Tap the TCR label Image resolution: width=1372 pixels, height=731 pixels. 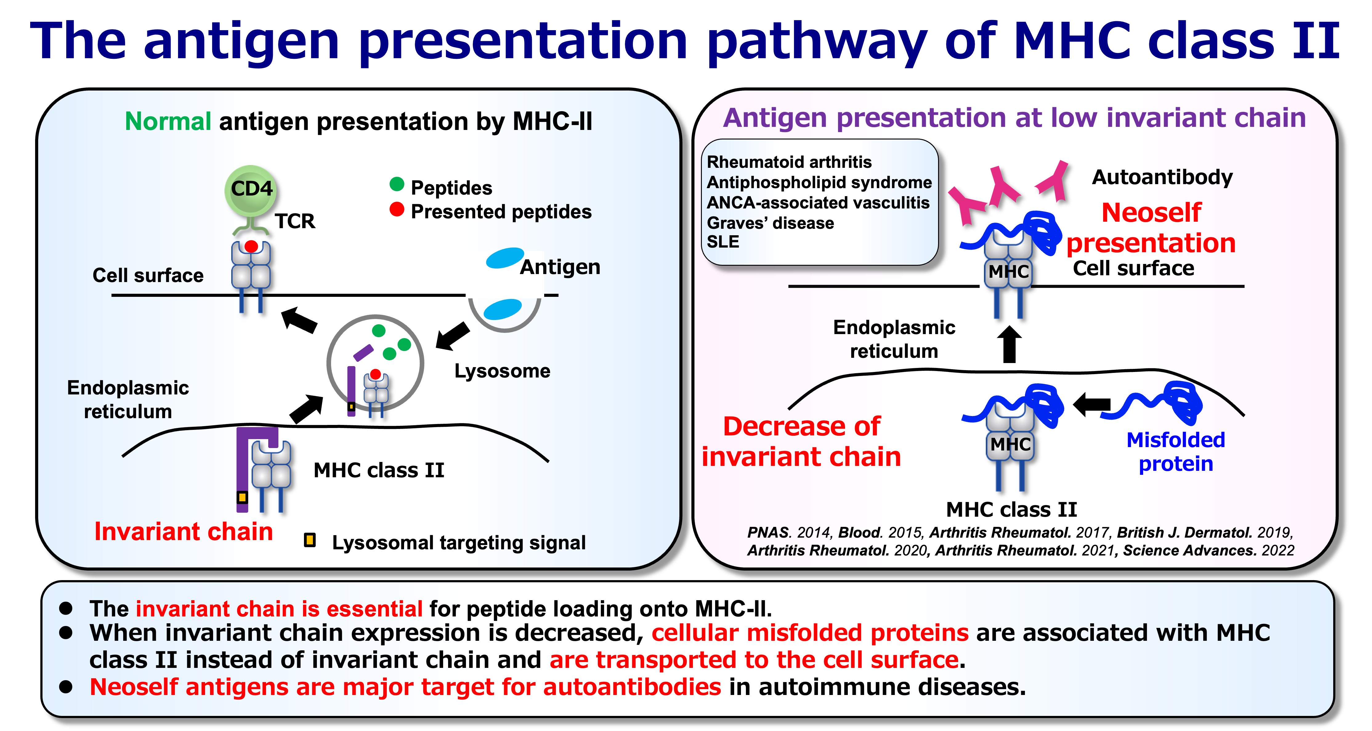click(294, 221)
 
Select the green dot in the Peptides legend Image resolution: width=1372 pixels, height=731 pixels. click(397, 184)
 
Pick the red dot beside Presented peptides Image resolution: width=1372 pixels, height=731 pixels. click(397, 209)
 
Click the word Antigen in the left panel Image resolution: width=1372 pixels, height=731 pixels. click(560, 267)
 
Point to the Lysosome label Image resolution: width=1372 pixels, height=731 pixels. click(502, 370)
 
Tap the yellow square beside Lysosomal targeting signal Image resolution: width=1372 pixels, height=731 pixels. click(310, 540)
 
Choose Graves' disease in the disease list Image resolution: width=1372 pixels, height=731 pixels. click(770, 223)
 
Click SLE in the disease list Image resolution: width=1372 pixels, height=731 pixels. click(723, 242)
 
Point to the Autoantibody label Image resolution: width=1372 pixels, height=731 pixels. click(1162, 177)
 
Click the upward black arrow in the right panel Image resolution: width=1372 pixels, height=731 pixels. click(1009, 345)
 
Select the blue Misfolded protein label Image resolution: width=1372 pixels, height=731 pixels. click(1176, 451)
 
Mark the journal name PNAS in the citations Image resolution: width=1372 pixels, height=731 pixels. click(768, 532)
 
